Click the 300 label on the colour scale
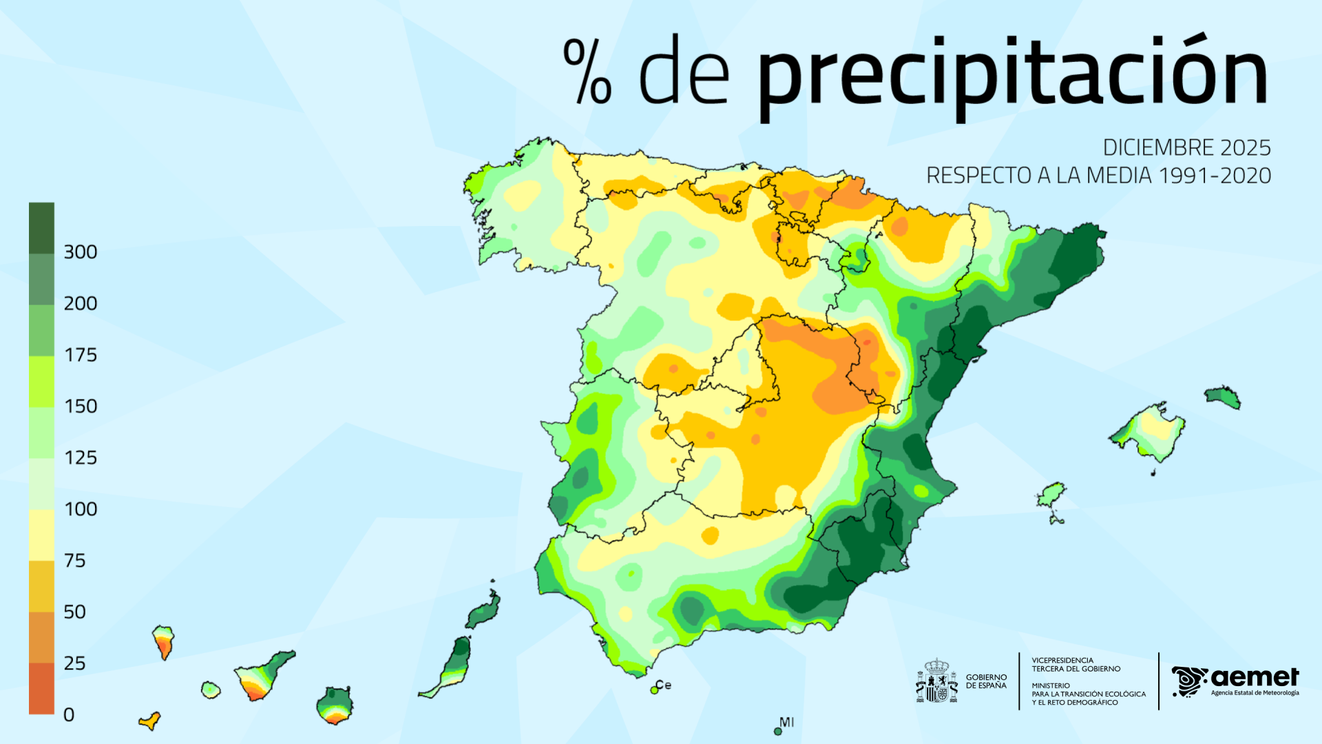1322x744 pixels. click(x=80, y=252)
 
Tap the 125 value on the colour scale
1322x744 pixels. click(x=80, y=458)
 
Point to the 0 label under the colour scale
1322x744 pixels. click(x=69, y=715)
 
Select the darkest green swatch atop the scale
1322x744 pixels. click(x=41, y=227)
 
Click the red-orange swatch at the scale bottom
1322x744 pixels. click(x=41, y=688)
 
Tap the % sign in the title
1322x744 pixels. click(x=587, y=72)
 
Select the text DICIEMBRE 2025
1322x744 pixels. click(x=1186, y=148)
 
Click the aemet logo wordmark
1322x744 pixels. click(x=1253, y=678)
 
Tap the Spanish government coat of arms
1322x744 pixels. click(x=936, y=681)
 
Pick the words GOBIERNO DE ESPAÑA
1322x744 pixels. click(x=986, y=681)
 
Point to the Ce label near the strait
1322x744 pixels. click(x=663, y=685)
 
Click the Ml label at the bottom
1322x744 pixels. click(x=786, y=722)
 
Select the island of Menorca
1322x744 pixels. click(x=1223, y=397)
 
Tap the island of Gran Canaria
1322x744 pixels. click(x=335, y=705)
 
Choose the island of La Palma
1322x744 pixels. click(x=163, y=641)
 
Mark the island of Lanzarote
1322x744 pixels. click(x=485, y=610)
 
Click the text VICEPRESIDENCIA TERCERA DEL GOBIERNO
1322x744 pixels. click(x=1076, y=665)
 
